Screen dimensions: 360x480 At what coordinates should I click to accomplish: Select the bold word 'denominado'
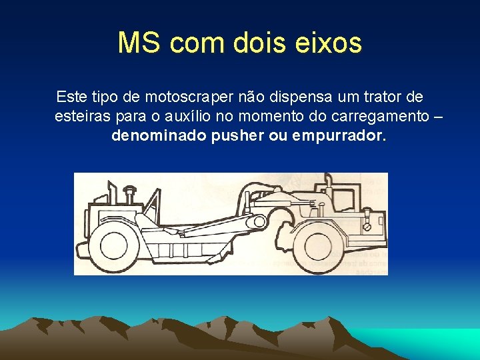158,136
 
